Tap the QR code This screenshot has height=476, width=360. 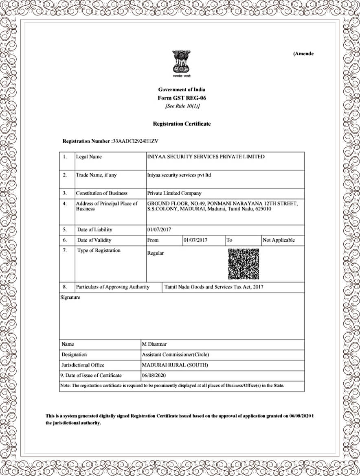pos(244,264)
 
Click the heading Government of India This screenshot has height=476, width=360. pos(182,90)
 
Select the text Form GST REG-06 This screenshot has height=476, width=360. pos(182,98)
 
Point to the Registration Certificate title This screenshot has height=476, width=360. pos(182,124)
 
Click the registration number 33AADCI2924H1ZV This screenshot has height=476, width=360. pos(135,141)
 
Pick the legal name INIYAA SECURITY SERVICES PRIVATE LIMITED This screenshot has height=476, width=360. pos(206,157)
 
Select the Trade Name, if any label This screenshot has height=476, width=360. pos(96,175)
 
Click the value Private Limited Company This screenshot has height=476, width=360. pos(174,193)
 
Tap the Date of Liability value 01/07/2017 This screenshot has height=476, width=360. pos(159,229)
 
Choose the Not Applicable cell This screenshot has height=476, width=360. pos(279,240)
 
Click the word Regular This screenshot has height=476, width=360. pos(156,253)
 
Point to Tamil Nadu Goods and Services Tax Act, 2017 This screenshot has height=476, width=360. pos(214,287)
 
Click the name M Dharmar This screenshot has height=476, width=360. pos(154,344)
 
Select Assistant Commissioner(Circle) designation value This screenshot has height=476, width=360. pos(176,354)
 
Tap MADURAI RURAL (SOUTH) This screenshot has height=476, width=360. pos(175,365)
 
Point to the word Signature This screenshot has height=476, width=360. pos(70,297)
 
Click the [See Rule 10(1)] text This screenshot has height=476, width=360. pos(182,106)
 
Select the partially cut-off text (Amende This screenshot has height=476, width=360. pos(303,54)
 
